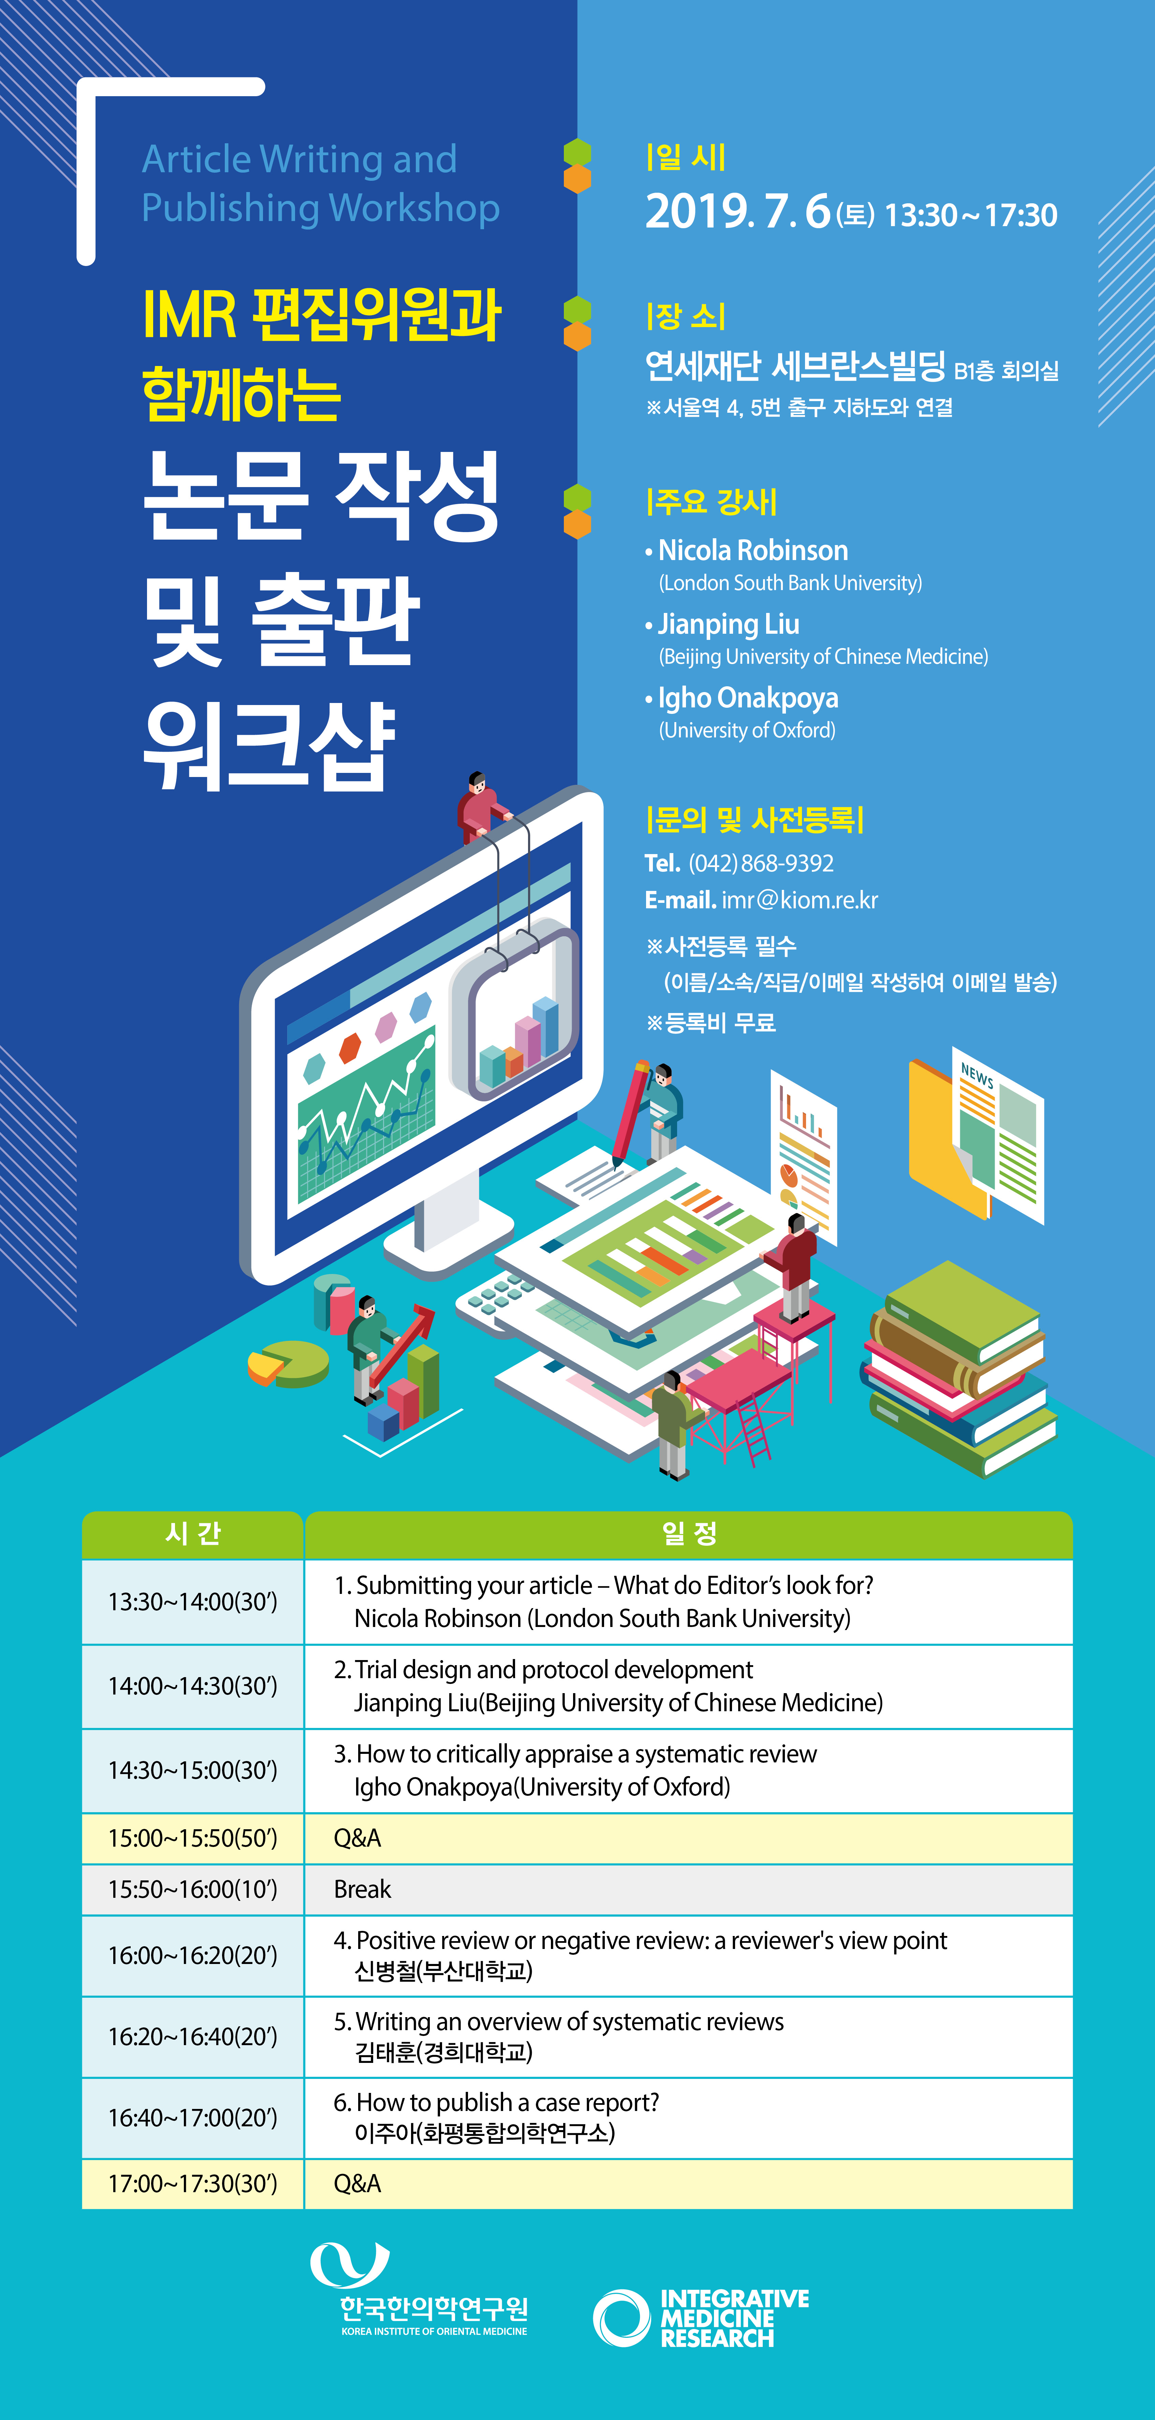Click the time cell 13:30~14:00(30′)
[193, 1602]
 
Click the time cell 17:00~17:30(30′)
[193, 2184]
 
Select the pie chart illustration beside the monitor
[288, 1364]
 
